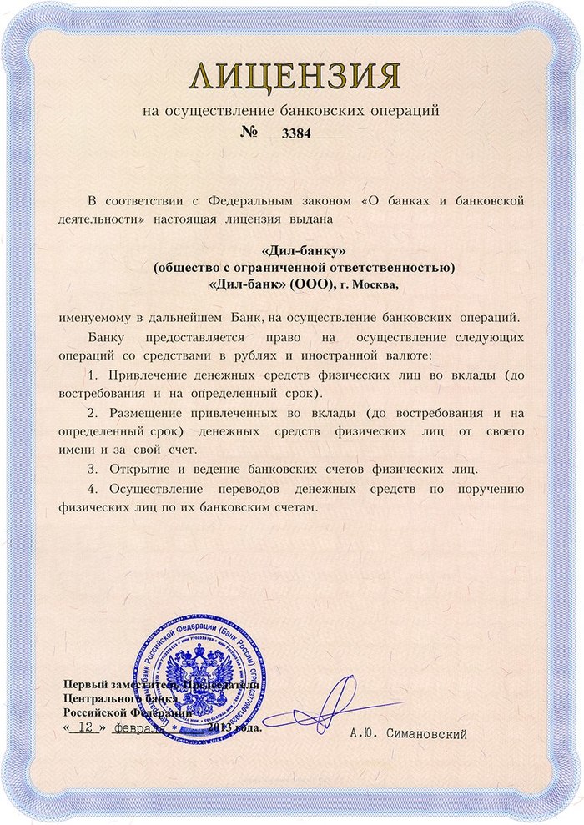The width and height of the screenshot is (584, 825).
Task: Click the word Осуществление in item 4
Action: point(163,488)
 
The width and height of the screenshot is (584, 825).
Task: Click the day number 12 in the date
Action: point(83,727)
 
